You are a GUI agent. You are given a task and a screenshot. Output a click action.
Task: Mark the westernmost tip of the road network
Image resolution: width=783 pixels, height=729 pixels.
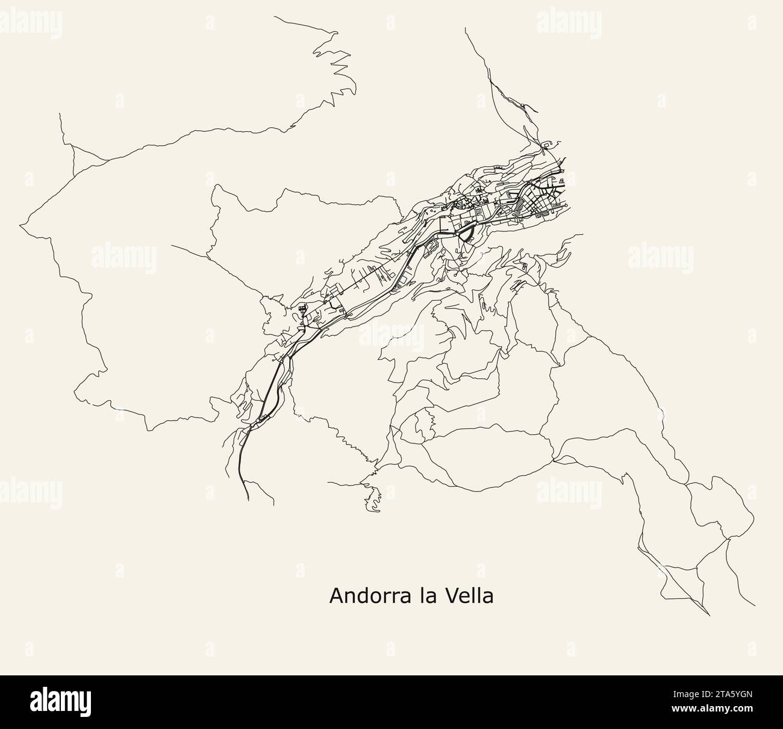point(20,225)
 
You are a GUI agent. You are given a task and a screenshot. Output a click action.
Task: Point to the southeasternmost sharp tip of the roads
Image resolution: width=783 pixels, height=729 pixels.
point(710,615)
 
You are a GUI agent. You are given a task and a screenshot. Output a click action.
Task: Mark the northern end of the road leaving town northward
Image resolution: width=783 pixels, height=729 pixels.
point(466,28)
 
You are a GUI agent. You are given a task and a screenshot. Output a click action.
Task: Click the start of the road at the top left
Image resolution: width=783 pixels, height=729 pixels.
point(275,17)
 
